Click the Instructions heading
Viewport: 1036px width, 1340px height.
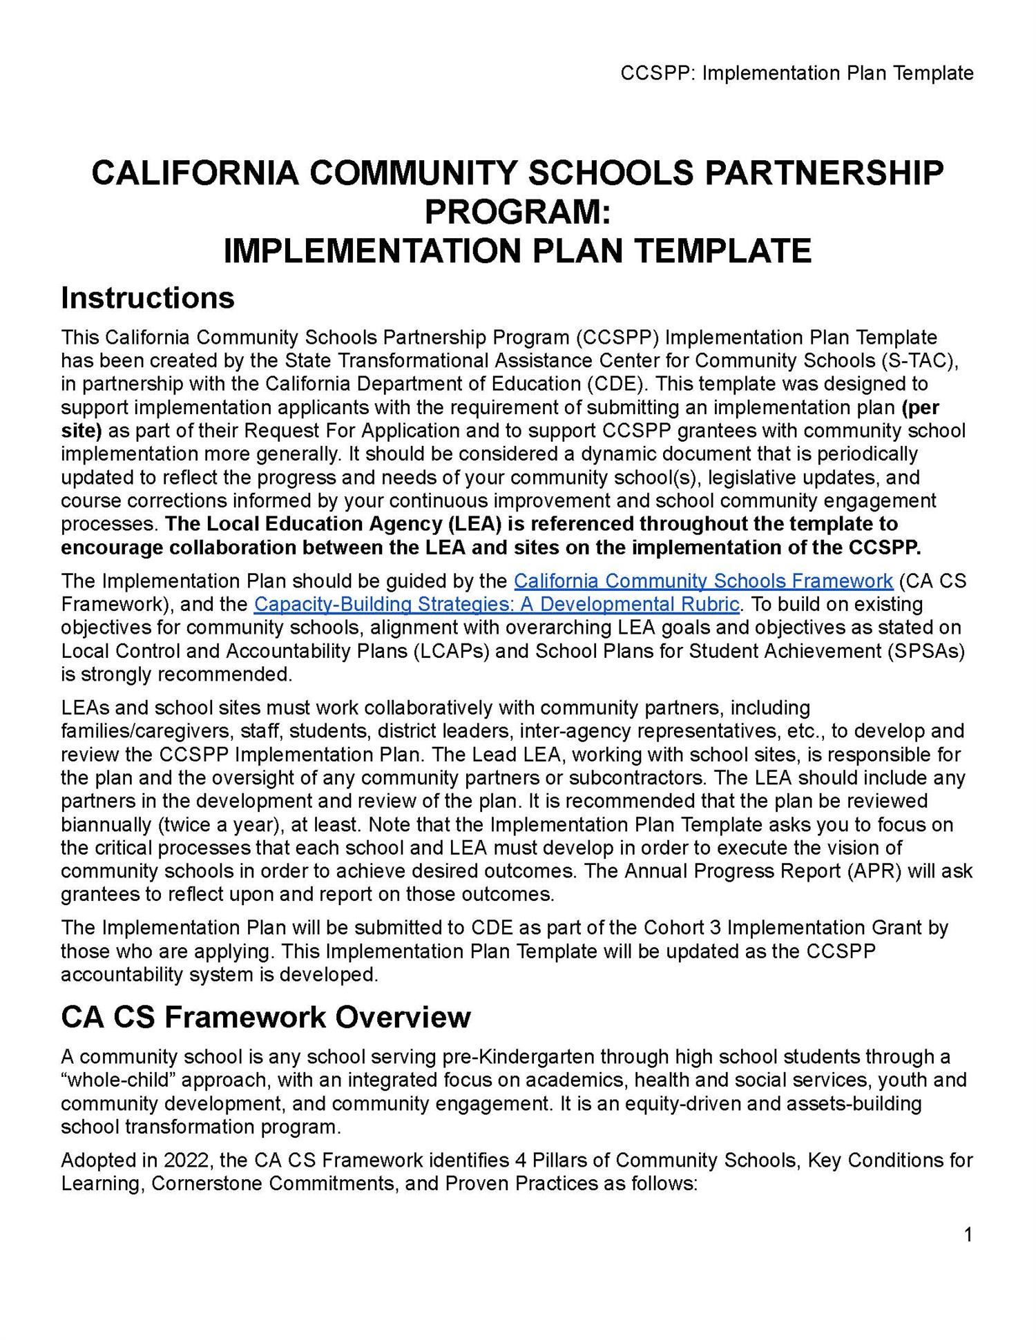[148, 298]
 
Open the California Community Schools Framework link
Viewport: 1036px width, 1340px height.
[703, 581]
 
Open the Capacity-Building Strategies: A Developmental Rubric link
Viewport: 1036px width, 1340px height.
[497, 605]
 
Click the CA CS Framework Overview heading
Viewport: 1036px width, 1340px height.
[266, 1017]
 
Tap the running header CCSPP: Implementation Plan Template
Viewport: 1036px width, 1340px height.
[796, 73]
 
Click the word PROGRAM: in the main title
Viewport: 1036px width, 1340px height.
[517, 211]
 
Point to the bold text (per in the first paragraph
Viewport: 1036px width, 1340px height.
[920, 407]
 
